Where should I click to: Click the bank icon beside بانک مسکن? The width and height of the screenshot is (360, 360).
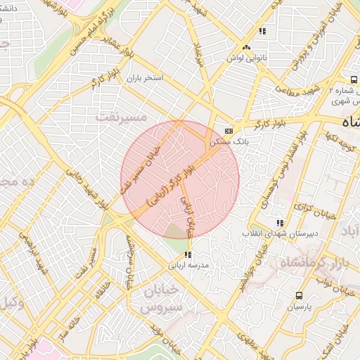point(229,131)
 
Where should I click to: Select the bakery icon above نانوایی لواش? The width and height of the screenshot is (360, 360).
point(246,47)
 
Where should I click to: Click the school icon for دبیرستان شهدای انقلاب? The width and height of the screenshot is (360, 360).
point(281,223)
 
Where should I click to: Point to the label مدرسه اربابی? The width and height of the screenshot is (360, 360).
point(187,265)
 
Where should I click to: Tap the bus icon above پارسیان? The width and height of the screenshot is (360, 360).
point(300,295)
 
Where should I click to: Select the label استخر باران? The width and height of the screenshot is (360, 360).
point(144,79)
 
